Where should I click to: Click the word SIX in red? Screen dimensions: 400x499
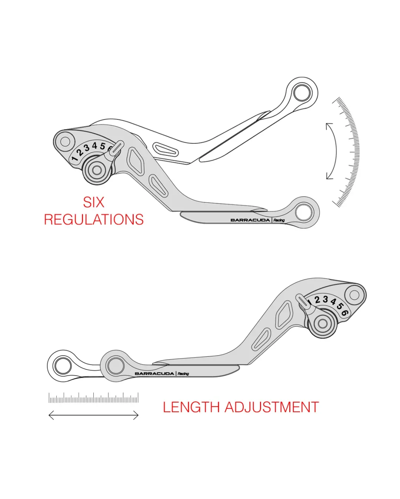pyautogui.click(x=93, y=202)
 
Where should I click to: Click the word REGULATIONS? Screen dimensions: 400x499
pyautogui.click(x=94, y=219)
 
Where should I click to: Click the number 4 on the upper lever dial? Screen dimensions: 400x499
pyautogui.click(x=94, y=146)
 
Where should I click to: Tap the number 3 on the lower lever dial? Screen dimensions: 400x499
pyautogui.click(x=325, y=299)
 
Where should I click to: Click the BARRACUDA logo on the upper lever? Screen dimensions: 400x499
pyautogui.click(x=250, y=220)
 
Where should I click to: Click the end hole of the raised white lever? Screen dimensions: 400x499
pyautogui.click(x=302, y=93)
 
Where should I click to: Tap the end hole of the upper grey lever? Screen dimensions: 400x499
pyautogui.click(x=304, y=213)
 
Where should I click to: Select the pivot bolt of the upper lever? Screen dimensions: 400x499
pyautogui.click(x=97, y=170)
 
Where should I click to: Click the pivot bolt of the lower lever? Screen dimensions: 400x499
pyautogui.click(x=322, y=323)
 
